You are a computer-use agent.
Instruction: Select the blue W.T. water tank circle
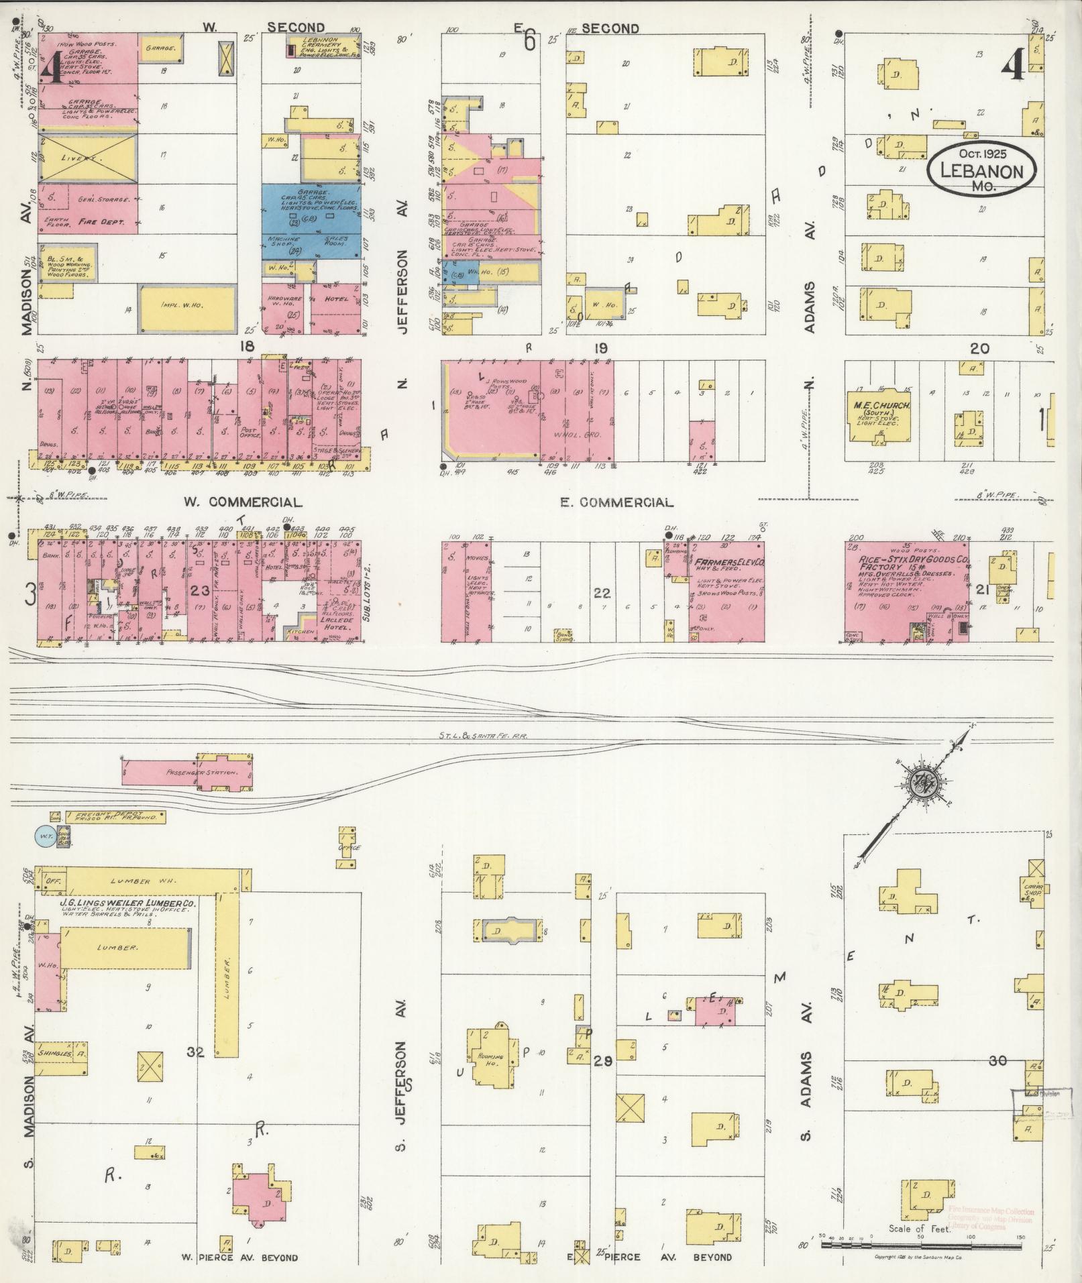(x=45, y=836)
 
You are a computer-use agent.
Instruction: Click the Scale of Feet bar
(x=920, y=1245)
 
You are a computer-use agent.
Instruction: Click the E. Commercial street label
(x=616, y=502)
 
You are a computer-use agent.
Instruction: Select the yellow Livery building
(x=88, y=157)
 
